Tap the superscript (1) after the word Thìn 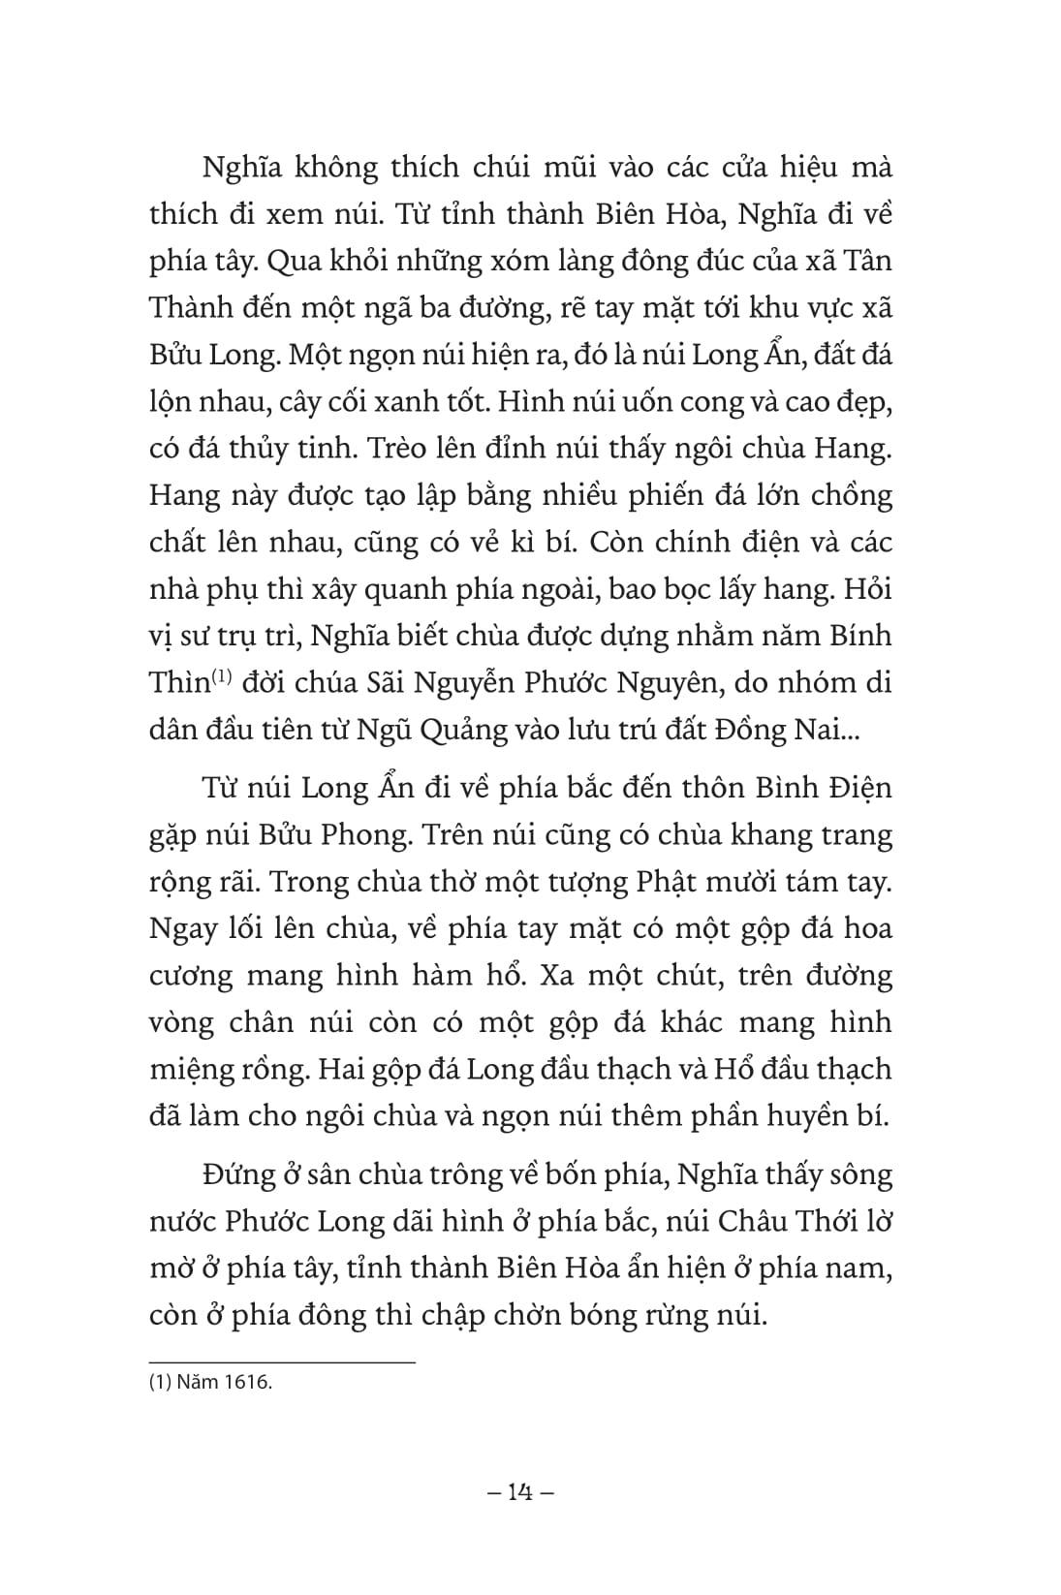coord(225,677)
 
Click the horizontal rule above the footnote coord(282,1362)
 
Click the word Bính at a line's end coord(858,637)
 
